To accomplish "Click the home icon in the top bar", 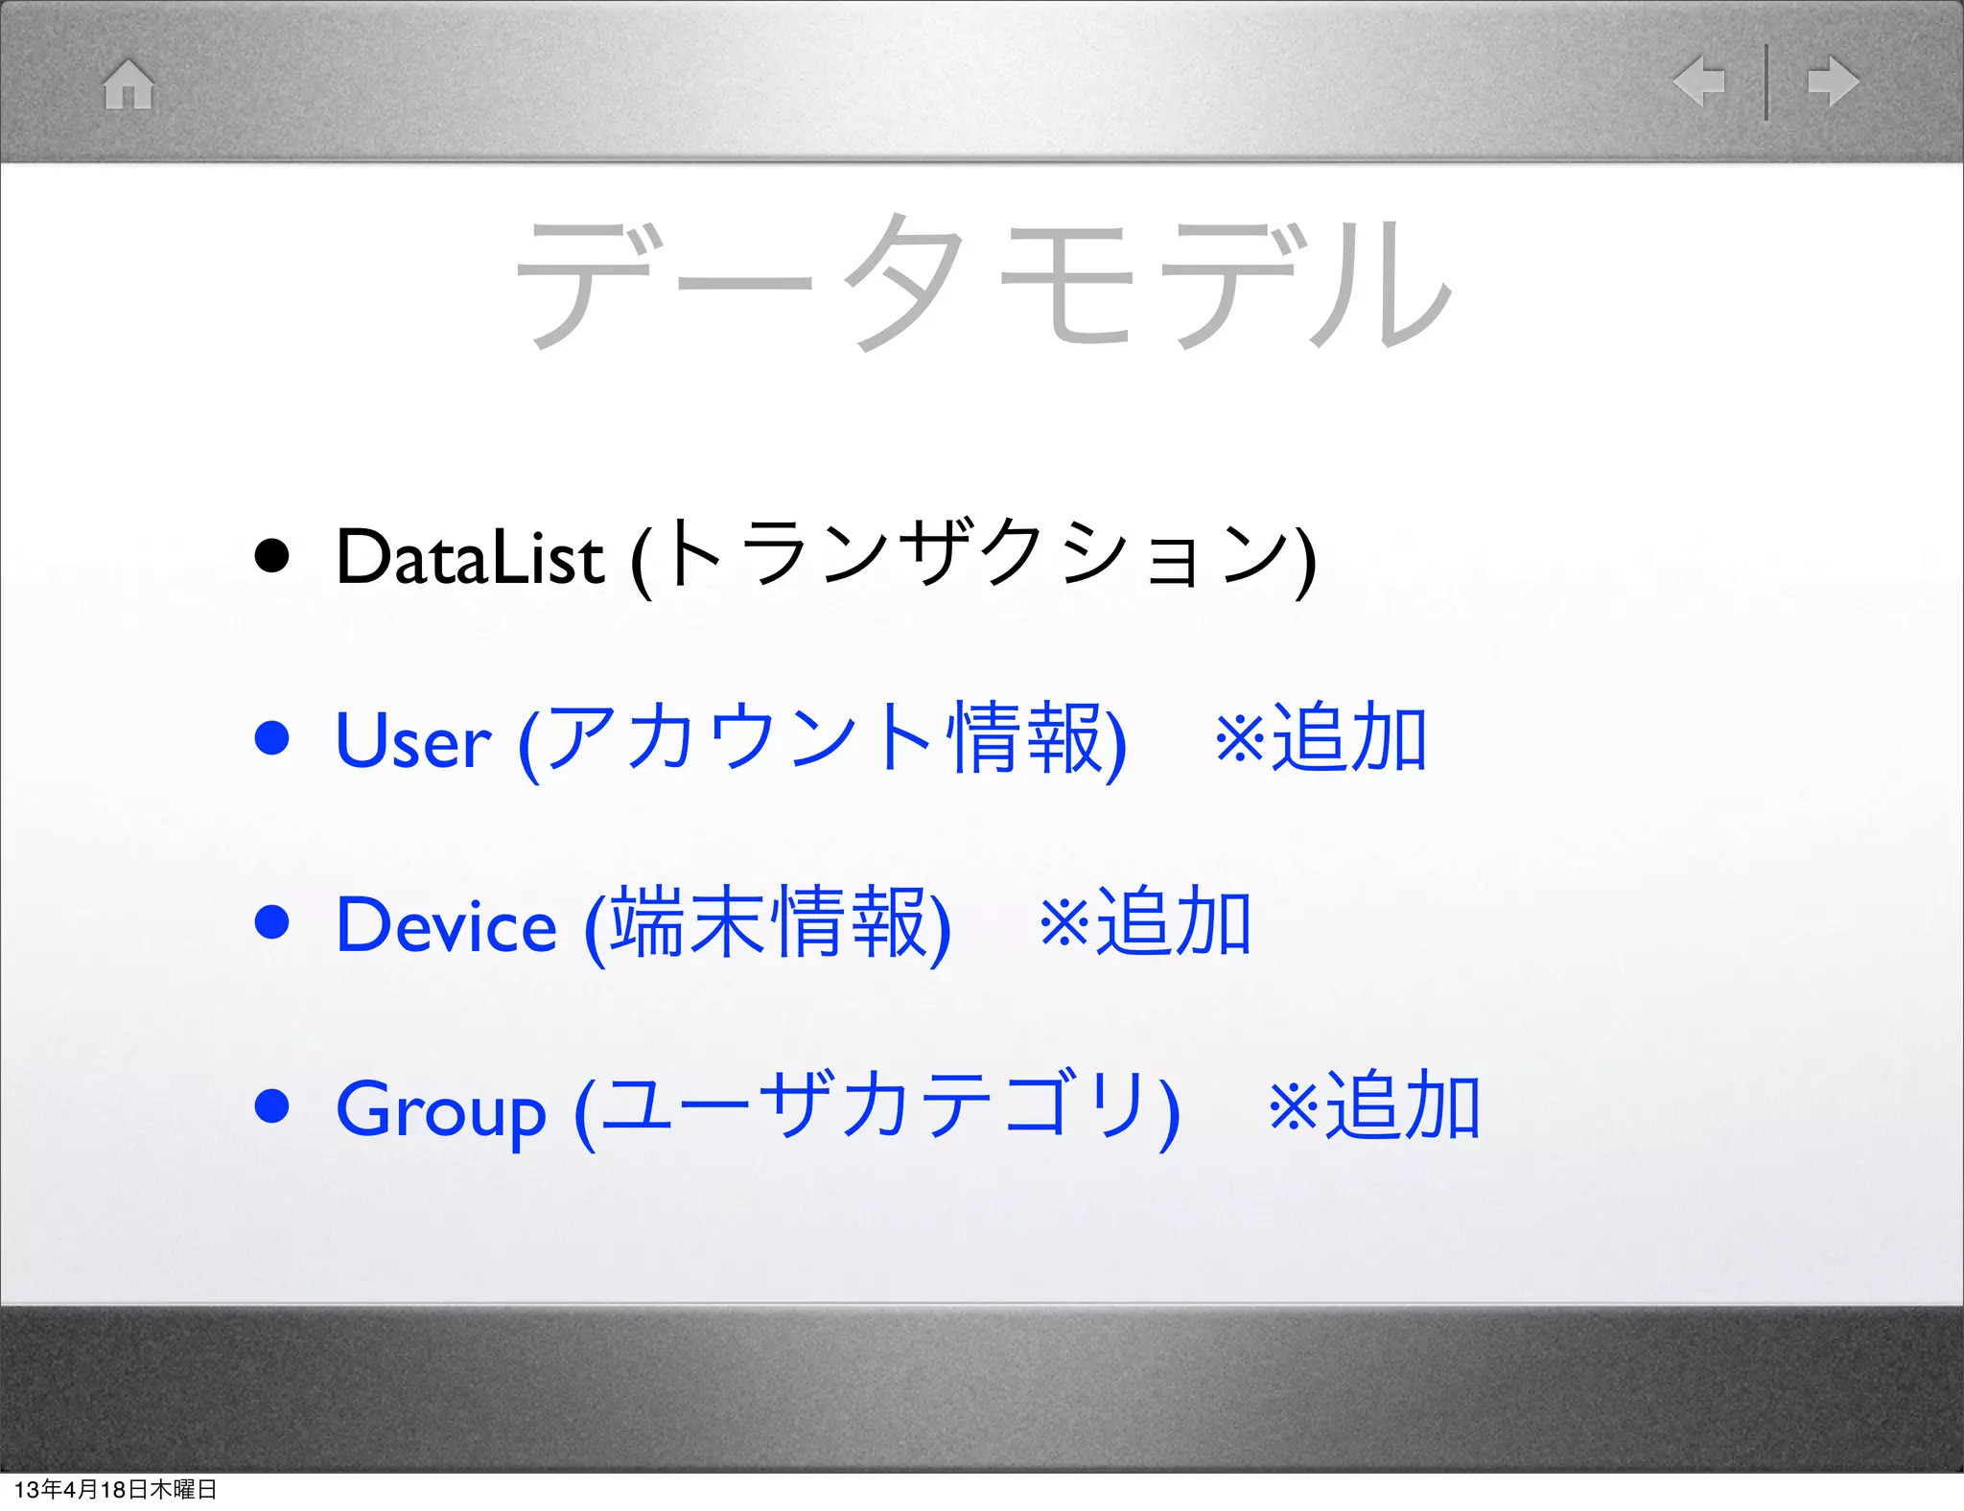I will click(x=129, y=83).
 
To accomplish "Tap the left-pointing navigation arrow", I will click(x=1698, y=81).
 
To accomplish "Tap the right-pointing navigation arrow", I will click(x=1833, y=81).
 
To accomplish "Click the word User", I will click(x=413, y=741).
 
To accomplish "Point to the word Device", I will click(x=446, y=925).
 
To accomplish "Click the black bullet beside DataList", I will click(x=272, y=555).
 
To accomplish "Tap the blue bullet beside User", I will click(x=272, y=738).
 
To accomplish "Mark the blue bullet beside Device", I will click(x=272, y=922).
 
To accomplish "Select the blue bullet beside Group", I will click(x=272, y=1105).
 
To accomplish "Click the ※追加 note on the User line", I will click(x=1321, y=738).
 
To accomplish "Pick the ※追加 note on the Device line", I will click(x=1145, y=922).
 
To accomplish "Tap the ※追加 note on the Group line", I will click(x=1374, y=1106).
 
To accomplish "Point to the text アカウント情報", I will click(x=824, y=738).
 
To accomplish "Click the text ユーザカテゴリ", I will click(x=877, y=1106).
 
